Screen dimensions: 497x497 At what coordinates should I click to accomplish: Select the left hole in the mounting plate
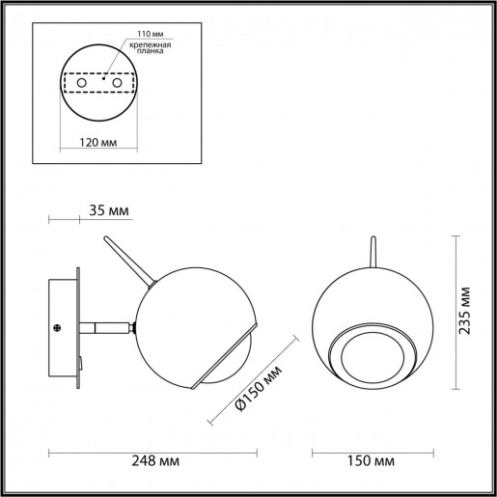click(x=80, y=85)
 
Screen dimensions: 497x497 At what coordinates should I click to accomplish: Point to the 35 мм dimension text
click(x=107, y=209)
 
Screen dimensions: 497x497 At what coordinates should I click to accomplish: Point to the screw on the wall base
click(x=58, y=328)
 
